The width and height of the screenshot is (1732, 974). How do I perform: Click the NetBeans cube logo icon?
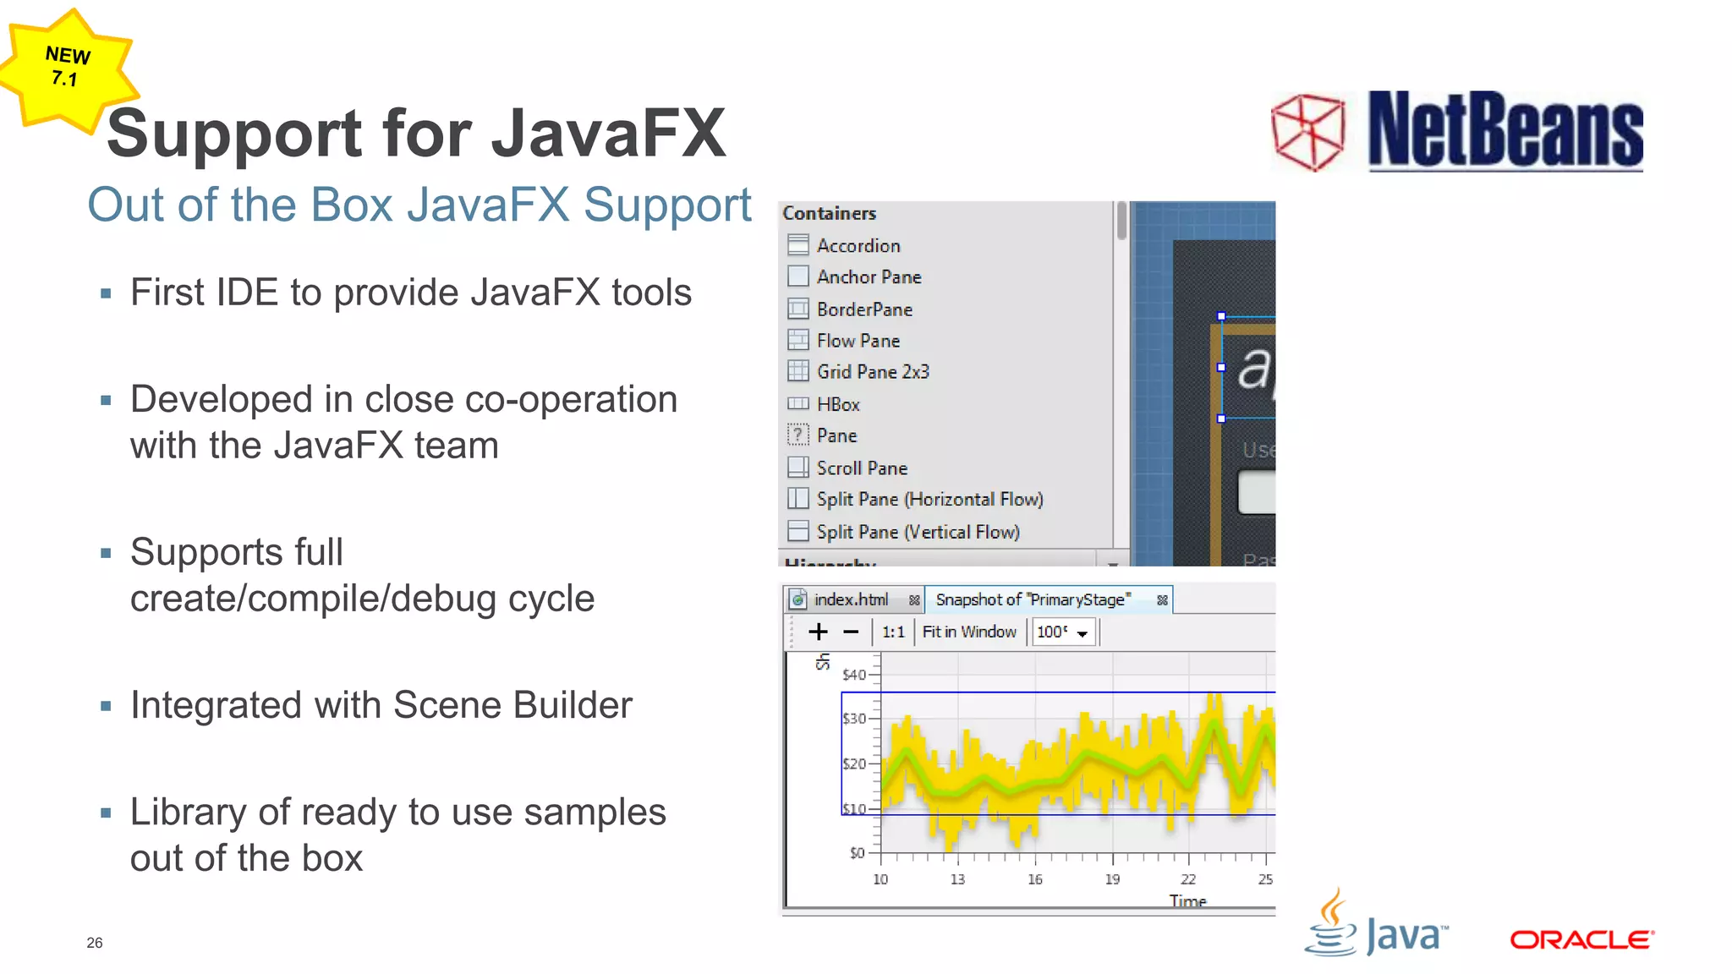pyautogui.click(x=1308, y=131)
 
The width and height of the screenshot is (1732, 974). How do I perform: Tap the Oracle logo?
pyautogui.click(x=1581, y=939)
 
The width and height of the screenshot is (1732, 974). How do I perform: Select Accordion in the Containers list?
pyautogui.click(x=858, y=246)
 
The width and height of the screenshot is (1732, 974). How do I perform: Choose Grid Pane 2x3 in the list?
pyautogui.click(x=872, y=372)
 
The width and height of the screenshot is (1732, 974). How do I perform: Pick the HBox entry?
pyautogui.click(x=837, y=405)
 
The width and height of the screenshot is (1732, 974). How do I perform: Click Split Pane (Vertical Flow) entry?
pyautogui.click(x=917, y=532)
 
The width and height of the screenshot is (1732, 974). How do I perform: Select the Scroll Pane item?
pyautogui.click(x=861, y=468)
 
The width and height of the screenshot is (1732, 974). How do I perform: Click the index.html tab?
pyautogui.click(x=850, y=599)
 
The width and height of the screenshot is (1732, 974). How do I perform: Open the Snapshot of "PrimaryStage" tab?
pyautogui.click(x=1033, y=599)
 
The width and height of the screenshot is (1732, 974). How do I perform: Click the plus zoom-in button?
pyautogui.click(x=818, y=632)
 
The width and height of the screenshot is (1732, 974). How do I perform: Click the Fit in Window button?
pyautogui.click(x=969, y=632)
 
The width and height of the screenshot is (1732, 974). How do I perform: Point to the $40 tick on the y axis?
pyautogui.click(x=854, y=675)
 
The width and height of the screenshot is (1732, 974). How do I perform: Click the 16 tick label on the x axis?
pyautogui.click(x=1035, y=879)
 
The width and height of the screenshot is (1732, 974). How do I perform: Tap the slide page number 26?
pyautogui.click(x=95, y=943)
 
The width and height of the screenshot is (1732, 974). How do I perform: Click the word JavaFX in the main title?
pyautogui.click(x=608, y=133)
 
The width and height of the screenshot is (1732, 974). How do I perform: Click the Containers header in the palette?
pyautogui.click(x=829, y=214)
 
